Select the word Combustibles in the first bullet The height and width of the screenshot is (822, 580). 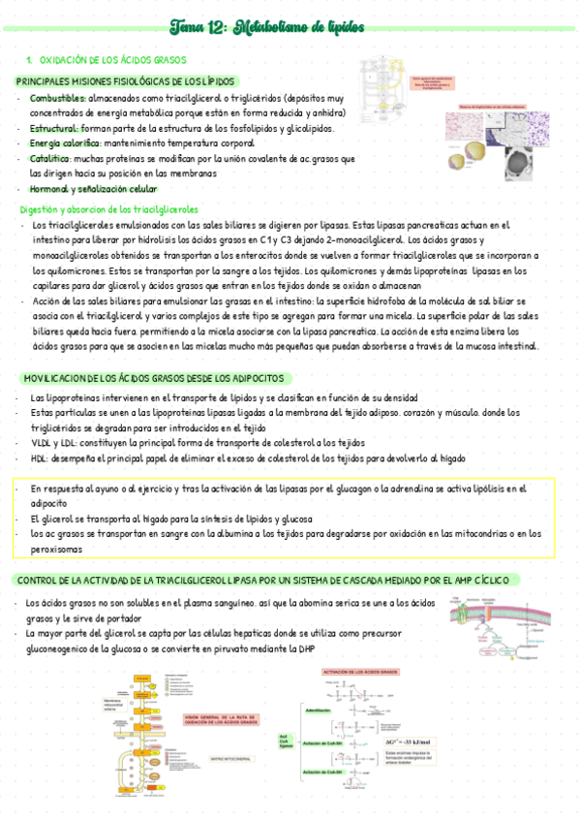56,99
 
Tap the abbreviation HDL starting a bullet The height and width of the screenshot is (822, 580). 39,458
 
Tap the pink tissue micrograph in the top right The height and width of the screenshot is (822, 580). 470,128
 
